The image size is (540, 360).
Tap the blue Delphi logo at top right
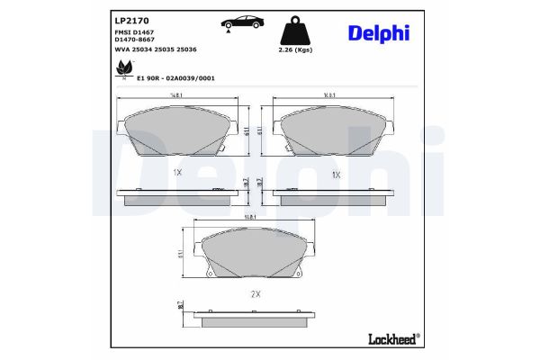378,32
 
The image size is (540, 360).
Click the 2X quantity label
255,293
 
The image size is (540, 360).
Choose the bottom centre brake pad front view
255,254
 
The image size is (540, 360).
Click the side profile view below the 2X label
255,317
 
